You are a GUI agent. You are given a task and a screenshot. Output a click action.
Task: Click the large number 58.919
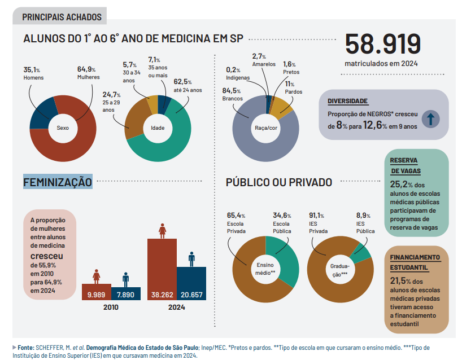click(382, 45)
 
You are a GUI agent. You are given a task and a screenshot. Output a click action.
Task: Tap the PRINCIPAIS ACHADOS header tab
click(62, 17)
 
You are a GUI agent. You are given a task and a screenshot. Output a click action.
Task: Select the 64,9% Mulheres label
click(88, 73)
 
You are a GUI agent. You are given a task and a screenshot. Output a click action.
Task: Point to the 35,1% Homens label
click(33, 73)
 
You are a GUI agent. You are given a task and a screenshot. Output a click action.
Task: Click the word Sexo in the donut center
click(63, 128)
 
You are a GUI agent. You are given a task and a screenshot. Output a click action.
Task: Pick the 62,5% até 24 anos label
click(187, 85)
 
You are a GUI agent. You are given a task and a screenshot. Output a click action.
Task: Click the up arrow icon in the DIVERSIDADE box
click(430, 119)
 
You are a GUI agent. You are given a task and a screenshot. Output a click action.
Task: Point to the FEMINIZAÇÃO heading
click(58, 182)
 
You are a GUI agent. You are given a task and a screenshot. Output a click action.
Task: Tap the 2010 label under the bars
click(111, 308)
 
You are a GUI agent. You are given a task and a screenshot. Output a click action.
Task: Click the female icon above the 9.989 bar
click(97, 276)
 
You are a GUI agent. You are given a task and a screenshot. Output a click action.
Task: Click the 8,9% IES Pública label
click(365, 223)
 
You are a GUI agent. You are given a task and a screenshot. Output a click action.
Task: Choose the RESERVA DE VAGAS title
click(406, 165)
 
